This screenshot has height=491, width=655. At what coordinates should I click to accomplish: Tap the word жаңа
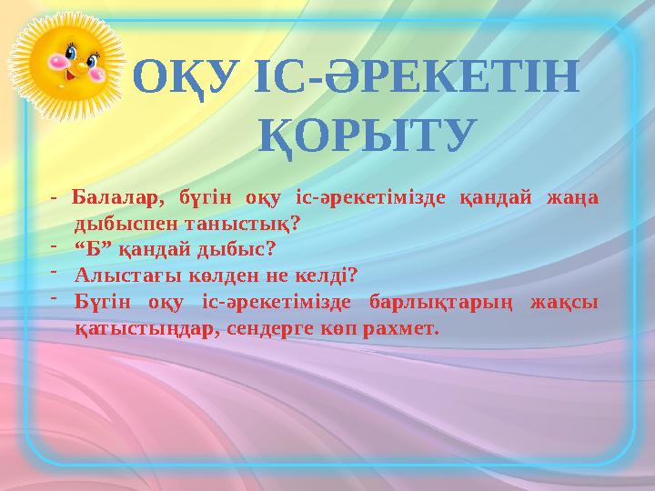tap(572, 197)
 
